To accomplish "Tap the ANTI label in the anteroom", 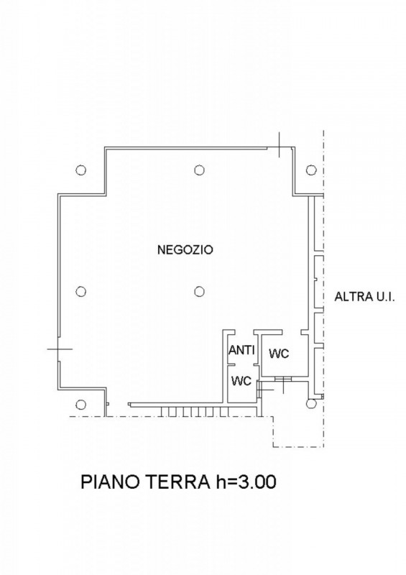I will [241, 351].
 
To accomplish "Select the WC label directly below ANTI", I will [241, 381].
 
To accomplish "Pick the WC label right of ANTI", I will [279, 354].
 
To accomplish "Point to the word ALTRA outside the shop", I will [349, 296].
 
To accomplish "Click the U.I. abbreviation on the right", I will [383, 296].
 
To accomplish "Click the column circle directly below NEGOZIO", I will [198, 291].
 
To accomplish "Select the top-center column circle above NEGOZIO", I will [198, 170].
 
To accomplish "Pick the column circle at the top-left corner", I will [81, 170].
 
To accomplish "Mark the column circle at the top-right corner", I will [311, 170].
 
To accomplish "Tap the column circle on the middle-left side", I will [81, 291].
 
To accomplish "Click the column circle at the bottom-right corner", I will [311, 404].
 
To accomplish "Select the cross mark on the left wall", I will [59, 348].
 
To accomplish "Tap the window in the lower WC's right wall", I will [260, 387].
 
